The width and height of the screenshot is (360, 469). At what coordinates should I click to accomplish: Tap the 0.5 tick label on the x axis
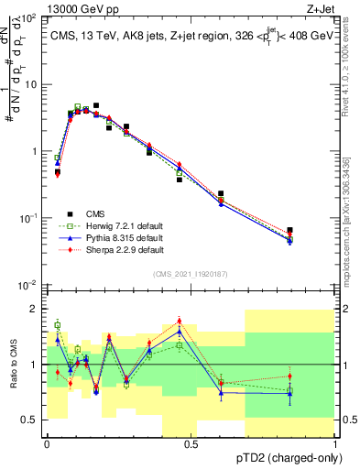[x=191, y=444]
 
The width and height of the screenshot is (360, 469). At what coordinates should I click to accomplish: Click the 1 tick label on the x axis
[x=335, y=444]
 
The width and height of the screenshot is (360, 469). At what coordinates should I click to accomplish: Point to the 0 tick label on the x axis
[x=47, y=444]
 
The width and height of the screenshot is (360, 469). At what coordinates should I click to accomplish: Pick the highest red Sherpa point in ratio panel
[x=179, y=322]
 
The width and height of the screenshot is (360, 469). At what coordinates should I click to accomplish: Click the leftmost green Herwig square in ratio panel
[x=57, y=324]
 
